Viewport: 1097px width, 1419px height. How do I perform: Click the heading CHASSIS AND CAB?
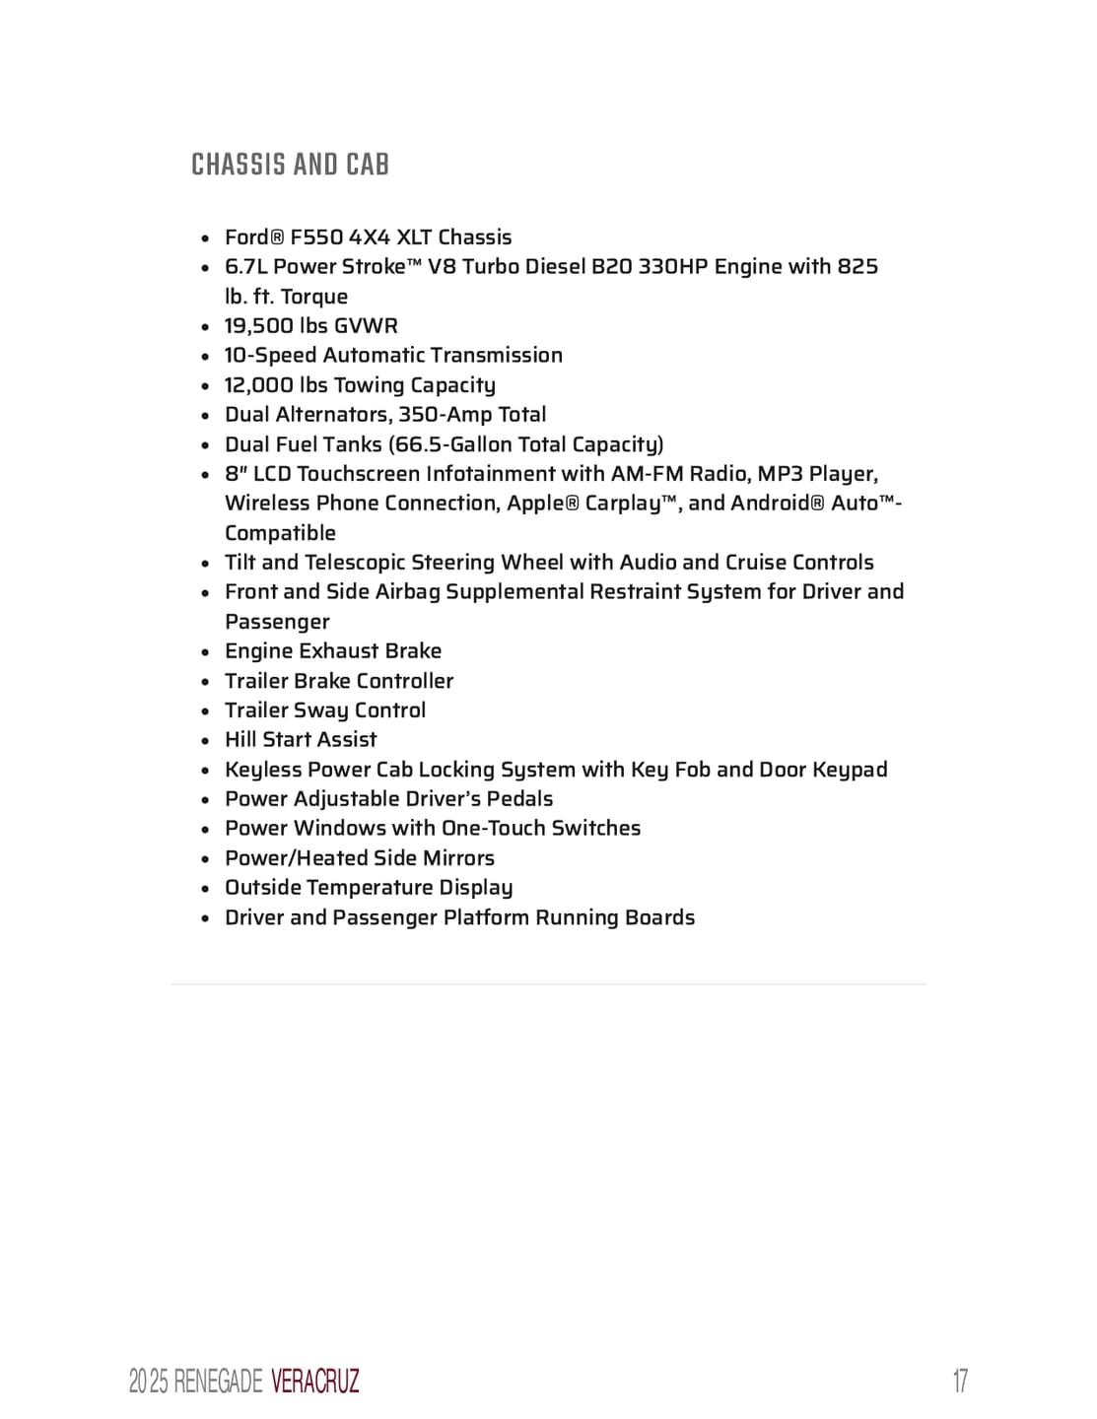point(290,165)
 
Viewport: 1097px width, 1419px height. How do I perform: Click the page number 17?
point(959,1381)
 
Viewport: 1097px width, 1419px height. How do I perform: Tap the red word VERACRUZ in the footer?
point(314,1382)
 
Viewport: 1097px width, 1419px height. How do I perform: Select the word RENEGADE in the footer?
point(217,1382)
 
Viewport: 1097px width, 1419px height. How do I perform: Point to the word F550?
point(316,237)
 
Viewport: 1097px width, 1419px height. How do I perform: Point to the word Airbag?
point(407,592)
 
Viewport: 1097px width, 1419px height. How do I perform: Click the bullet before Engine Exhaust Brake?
point(205,652)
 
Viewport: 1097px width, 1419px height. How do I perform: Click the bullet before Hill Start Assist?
point(205,741)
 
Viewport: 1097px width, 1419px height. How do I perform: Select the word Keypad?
point(850,770)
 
